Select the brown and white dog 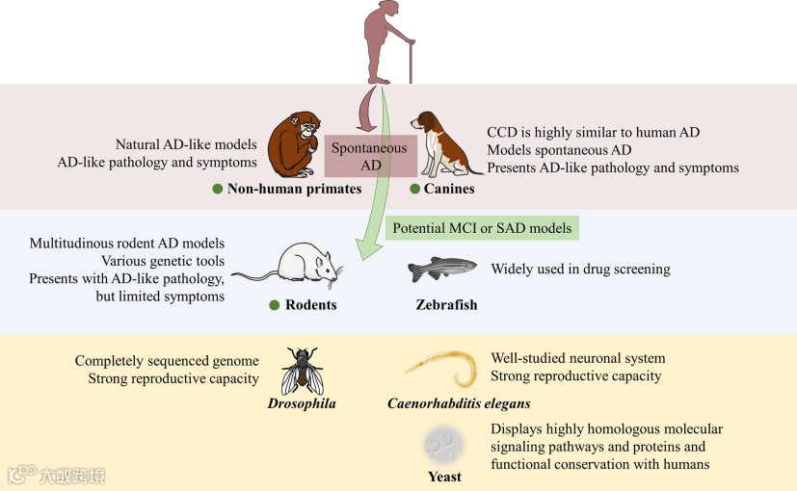[x=444, y=143]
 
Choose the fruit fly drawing [x=302, y=370]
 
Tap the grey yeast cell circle [x=444, y=446]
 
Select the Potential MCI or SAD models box [x=480, y=229]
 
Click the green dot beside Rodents [x=274, y=305]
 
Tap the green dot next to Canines [x=415, y=189]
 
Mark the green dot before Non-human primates [x=218, y=189]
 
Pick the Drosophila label [x=302, y=403]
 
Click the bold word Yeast [x=444, y=477]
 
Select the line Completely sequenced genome [x=167, y=360]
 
